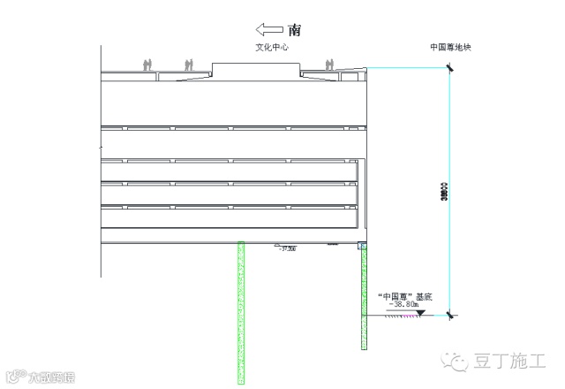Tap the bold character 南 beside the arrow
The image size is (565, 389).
(294, 29)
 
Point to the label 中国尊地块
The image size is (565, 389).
(451, 48)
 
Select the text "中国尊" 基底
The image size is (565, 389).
(404, 297)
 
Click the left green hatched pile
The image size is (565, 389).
(240, 311)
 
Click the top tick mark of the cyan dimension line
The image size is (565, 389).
(449, 70)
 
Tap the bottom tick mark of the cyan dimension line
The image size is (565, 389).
(449, 316)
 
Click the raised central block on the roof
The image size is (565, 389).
(256, 70)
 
